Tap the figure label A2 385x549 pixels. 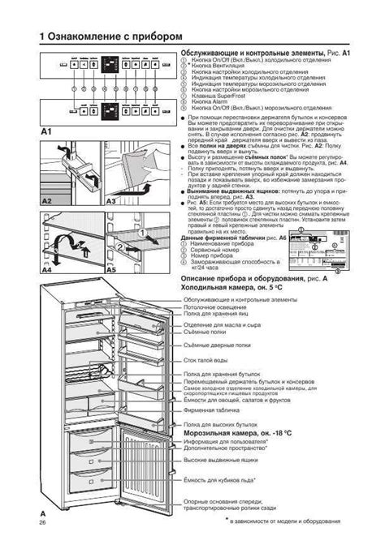46,199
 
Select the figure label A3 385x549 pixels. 111,199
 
